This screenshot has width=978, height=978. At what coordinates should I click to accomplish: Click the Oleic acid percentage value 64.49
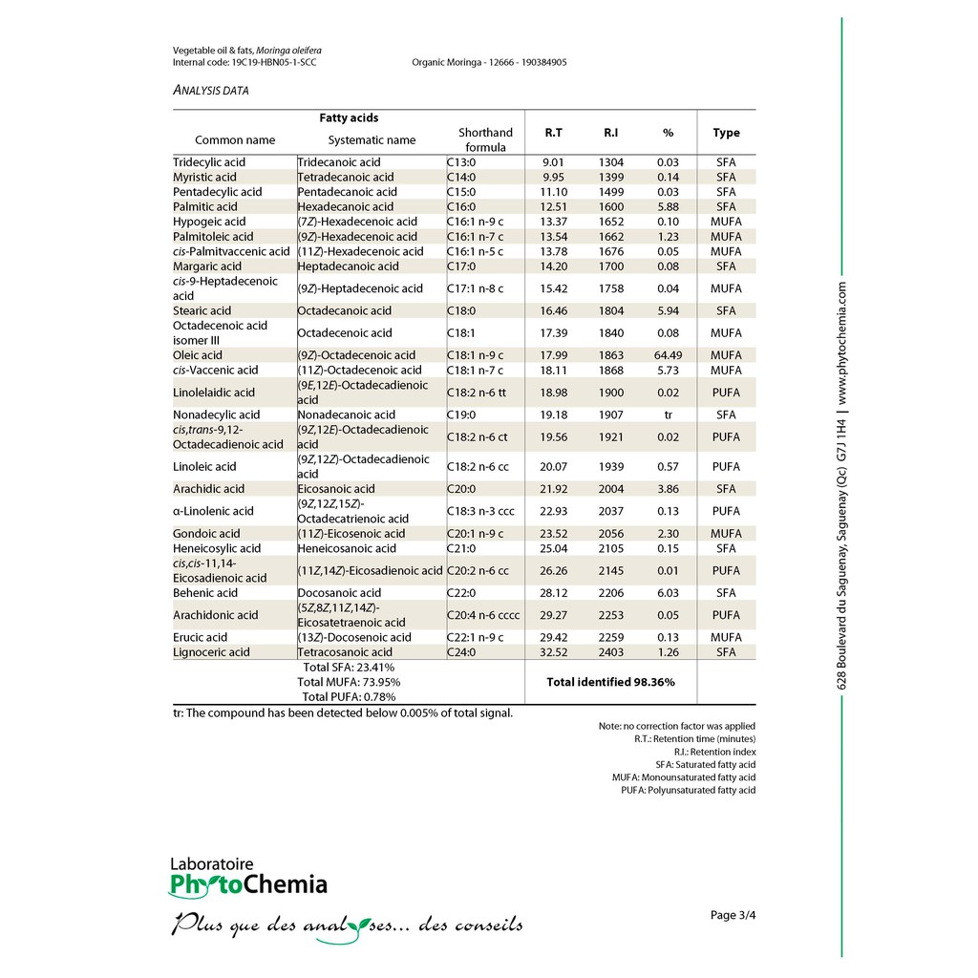point(668,355)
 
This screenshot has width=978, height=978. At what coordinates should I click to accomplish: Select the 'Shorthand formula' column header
point(485,139)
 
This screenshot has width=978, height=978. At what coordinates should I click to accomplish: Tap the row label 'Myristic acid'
point(204,177)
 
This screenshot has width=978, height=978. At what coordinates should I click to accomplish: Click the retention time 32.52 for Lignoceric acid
point(553,652)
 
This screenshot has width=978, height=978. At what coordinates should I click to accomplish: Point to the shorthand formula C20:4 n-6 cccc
point(483,615)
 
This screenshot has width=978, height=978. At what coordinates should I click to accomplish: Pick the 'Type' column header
point(726,133)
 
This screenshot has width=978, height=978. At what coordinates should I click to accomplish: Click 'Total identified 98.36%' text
point(610,682)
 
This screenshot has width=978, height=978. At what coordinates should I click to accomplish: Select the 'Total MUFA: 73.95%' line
point(349,682)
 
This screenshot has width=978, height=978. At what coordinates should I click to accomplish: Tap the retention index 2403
point(611,652)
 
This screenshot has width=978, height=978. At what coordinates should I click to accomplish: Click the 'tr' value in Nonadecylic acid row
point(668,415)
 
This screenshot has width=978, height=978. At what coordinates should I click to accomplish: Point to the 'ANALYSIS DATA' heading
point(211,91)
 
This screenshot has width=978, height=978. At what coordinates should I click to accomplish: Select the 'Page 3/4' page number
point(733,915)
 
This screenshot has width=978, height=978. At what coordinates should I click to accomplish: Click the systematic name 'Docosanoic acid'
point(338,593)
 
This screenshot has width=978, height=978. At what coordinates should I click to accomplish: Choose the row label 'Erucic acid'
point(200,637)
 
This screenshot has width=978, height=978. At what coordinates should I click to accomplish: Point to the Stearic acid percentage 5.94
point(668,310)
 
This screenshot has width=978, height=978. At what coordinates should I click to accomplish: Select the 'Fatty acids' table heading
point(349,117)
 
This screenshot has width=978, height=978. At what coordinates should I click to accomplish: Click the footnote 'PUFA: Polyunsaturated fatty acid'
point(688,790)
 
